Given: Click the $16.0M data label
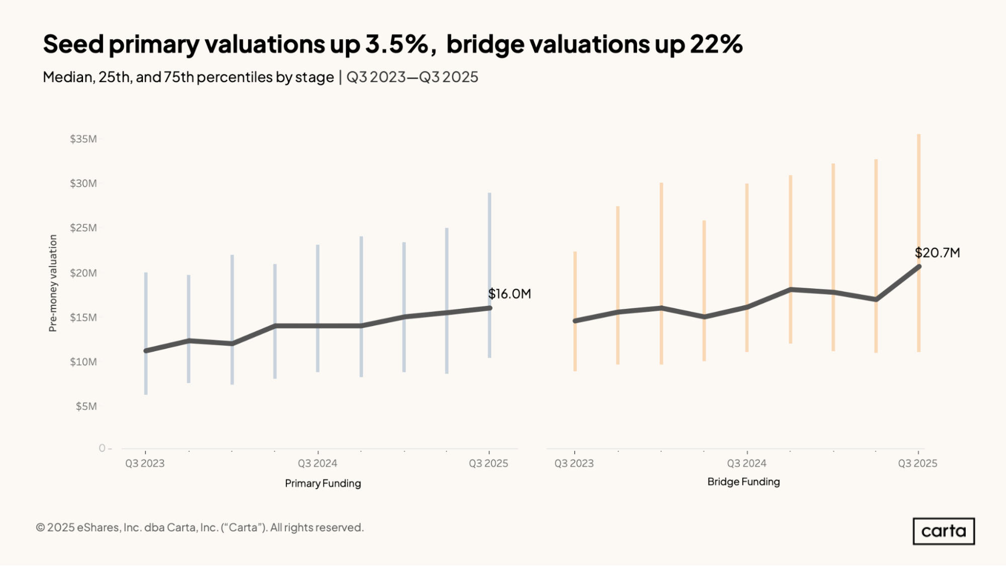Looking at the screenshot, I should (509, 294).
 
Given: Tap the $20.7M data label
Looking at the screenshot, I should (937, 253).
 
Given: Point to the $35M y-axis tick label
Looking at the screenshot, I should (84, 139).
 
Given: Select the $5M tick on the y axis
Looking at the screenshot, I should (86, 406).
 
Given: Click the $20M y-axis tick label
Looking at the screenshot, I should (84, 273).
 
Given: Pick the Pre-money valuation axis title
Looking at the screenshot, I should (53, 283).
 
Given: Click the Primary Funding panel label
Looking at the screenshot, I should (323, 483).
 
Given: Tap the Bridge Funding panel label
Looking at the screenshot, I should (743, 482).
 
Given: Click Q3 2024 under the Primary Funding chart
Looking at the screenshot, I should (317, 463).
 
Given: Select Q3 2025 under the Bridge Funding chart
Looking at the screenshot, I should (917, 463).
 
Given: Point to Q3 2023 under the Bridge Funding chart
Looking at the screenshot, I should (574, 463).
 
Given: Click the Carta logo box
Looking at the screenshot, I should (944, 531).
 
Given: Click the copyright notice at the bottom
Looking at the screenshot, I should (200, 527).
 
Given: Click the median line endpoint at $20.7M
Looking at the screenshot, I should (918, 267).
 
